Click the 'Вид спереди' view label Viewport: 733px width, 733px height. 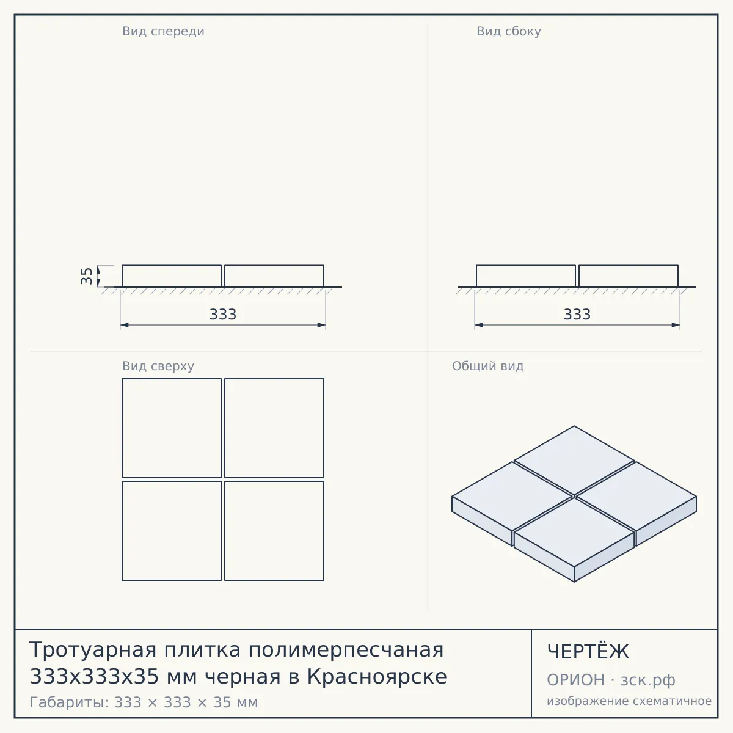(x=163, y=32)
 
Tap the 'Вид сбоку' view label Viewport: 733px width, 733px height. (x=509, y=32)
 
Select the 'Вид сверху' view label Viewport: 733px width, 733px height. (x=158, y=366)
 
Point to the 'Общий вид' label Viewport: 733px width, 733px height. (x=487, y=366)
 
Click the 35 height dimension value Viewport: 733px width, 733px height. (x=87, y=276)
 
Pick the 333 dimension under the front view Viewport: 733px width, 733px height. (x=223, y=315)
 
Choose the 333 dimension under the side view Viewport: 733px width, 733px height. (x=577, y=315)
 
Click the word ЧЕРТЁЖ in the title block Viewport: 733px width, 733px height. (x=588, y=652)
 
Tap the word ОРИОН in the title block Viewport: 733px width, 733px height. (x=575, y=680)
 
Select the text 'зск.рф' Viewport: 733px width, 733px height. (x=648, y=680)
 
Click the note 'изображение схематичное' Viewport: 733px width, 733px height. (x=629, y=701)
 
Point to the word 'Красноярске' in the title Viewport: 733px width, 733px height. (x=377, y=677)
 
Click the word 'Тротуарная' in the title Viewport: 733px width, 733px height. (x=93, y=650)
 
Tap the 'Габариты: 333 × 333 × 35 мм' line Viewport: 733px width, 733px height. (x=144, y=702)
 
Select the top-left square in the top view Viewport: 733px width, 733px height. (x=172, y=428)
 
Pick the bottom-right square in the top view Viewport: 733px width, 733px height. (x=274, y=531)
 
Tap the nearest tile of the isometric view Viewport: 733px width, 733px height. (x=574, y=540)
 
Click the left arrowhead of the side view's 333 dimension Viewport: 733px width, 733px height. (x=478, y=325)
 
